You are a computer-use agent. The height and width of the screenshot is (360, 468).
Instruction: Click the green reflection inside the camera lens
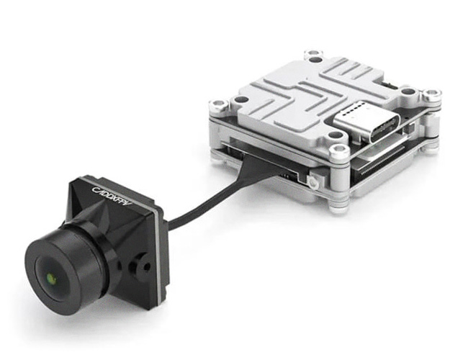pos(52,279)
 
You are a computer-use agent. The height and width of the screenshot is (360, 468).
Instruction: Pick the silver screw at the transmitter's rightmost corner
pos(432,94)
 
